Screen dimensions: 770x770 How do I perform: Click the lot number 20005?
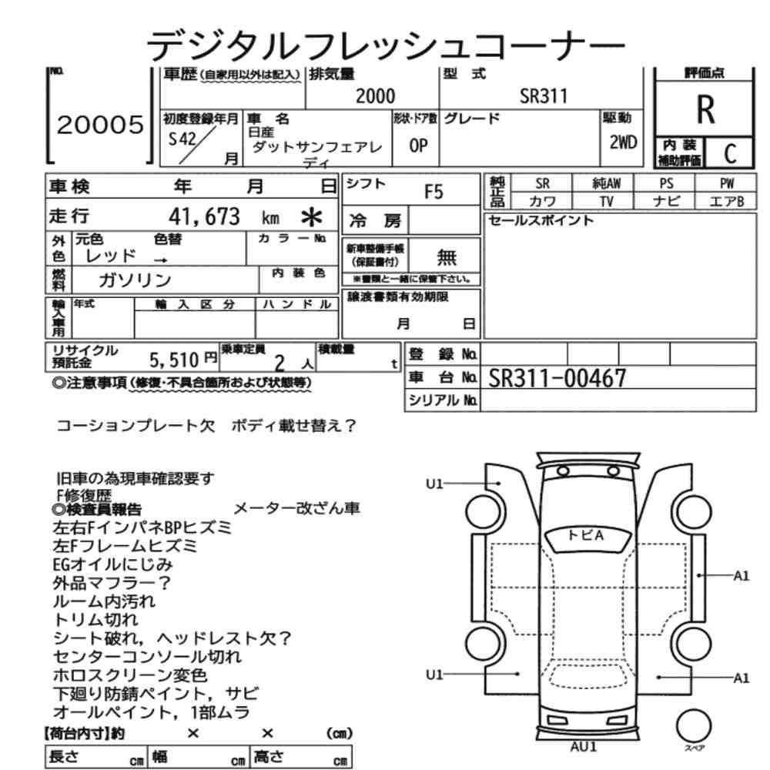pos(100,125)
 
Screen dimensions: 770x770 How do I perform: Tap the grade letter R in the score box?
pos(705,109)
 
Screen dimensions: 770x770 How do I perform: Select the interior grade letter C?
pos(730,154)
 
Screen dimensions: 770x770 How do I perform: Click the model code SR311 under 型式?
pos(544,95)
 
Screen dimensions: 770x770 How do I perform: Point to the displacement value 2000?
pos(375,95)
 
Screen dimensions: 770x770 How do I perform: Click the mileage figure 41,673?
pos(204,216)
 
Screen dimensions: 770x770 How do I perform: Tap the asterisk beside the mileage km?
pos(311,217)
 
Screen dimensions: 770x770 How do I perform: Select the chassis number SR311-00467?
pos(557,378)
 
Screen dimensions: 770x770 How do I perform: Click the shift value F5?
pos(433,192)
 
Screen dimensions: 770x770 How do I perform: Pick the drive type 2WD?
pos(623,142)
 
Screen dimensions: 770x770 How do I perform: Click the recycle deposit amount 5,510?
pos(174,360)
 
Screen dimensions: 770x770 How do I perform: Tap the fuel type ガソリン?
pos(135,280)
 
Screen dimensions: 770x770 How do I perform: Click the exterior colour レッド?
pos(110,256)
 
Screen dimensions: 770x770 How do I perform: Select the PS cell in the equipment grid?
pos(666,183)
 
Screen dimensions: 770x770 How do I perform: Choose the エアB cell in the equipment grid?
pos(726,201)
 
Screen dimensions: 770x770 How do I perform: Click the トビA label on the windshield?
pos(585,535)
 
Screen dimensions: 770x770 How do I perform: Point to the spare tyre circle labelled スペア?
pos(694,726)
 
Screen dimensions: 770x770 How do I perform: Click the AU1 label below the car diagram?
pos(584,746)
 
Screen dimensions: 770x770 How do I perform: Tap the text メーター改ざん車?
pos(296,508)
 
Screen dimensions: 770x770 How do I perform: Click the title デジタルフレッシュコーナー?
pos(386,45)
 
